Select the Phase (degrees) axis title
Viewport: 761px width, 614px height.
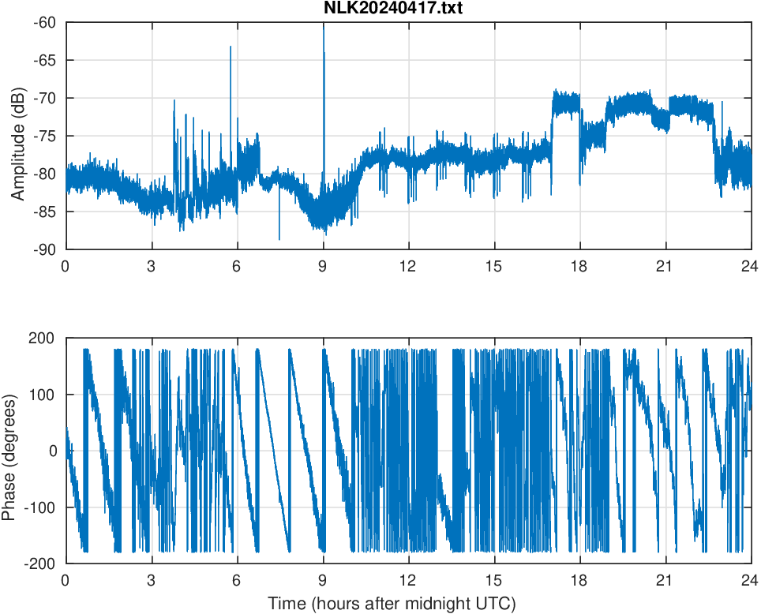(x=9, y=451)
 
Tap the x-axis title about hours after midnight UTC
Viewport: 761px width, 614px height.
(x=392, y=604)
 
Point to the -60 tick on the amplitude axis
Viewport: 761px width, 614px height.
(x=44, y=22)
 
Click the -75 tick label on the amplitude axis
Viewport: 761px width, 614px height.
(x=44, y=136)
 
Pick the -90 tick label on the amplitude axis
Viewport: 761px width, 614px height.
(x=44, y=249)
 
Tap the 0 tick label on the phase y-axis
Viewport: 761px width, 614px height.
(x=54, y=451)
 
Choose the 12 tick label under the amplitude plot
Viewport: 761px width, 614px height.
(x=408, y=266)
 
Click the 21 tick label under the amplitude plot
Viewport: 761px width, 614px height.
(x=665, y=266)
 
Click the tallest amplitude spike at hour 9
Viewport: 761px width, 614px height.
(x=324, y=26)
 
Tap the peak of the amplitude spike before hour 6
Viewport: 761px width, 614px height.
(x=231, y=47)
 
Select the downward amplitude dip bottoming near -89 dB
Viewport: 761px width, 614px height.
(x=279, y=238)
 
